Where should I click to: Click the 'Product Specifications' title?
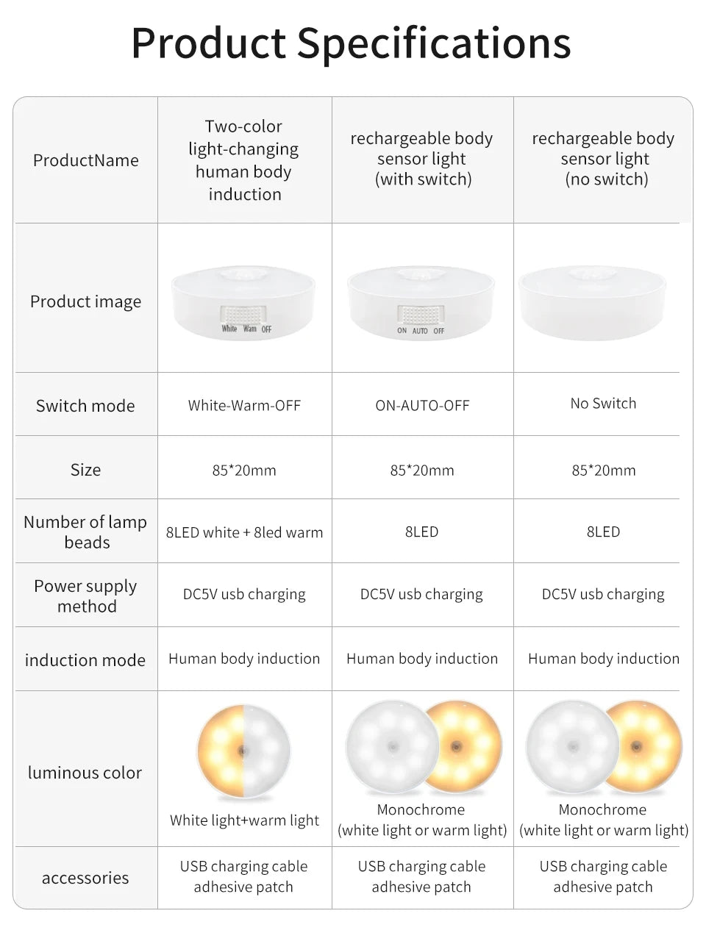click(351, 42)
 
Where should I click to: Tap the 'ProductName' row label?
click(86, 160)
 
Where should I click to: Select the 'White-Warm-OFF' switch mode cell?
click(244, 405)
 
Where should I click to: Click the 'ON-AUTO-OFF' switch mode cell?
click(422, 405)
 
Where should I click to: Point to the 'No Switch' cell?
click(603, 403)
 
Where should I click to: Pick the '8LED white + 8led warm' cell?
click(244, 532)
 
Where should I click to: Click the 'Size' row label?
click(85, 470)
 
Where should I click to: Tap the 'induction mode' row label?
click(85, 660)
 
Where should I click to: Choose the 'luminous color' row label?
click(85, 773)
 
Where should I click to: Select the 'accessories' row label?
click(85, 878)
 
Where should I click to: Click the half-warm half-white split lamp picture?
click(243, 752)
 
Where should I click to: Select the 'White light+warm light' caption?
click(244, 820)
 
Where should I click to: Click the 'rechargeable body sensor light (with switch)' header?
click(422, 159)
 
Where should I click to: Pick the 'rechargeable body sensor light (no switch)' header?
click(604, 159)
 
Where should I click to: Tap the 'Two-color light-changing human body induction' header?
click(244, 160)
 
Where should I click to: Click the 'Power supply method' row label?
click(86, 596)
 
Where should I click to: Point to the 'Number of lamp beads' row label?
click(86, 532)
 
